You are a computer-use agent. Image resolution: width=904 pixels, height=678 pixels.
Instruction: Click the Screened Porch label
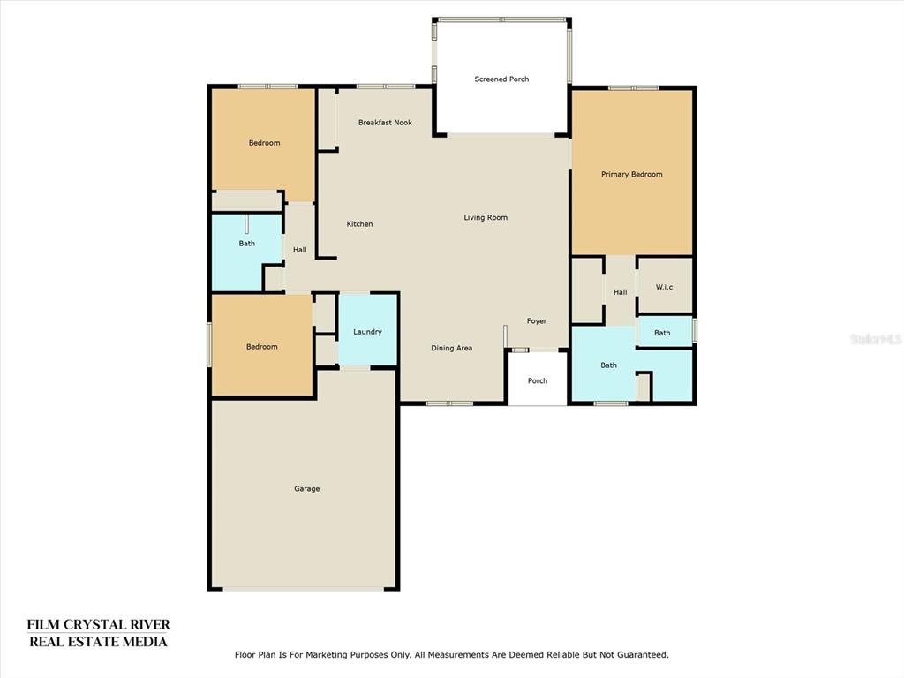point(501,79)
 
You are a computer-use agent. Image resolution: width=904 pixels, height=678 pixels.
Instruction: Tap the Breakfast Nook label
point(385,122)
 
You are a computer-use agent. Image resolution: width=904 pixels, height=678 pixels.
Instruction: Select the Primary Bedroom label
point(632,174)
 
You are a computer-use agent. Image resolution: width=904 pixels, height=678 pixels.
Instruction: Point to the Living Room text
point(486,217)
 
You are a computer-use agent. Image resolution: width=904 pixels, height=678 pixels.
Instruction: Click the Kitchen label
point(360,223)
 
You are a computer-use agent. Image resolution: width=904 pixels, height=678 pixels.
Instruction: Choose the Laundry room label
point(368,332)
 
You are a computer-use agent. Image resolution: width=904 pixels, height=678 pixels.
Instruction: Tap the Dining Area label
point(452,348)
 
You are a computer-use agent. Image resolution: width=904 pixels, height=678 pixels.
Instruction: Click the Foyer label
point(537,321)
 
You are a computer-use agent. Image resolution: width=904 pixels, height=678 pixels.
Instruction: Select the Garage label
point(306,489)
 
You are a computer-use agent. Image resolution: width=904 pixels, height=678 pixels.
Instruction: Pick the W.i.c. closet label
point(666,287)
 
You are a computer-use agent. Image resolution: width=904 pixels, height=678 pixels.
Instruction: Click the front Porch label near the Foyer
point(538,380)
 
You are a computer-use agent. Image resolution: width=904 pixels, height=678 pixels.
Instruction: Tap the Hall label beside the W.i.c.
point(621,292)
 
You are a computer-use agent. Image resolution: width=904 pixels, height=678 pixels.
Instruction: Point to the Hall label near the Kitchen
point(300,250)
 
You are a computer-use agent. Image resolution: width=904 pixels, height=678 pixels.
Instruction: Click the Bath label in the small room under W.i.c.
point(662,333)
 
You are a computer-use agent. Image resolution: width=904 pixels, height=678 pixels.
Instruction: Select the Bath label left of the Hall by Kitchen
point(247,244)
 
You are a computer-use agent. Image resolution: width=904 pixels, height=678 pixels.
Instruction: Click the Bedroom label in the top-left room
point(265,143)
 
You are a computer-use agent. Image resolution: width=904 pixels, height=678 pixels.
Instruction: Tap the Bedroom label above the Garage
point(262,346)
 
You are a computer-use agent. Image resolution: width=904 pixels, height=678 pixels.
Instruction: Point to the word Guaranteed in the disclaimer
point(643,655)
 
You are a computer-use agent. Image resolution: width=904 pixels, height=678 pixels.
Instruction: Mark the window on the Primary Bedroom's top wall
point(634,87)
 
